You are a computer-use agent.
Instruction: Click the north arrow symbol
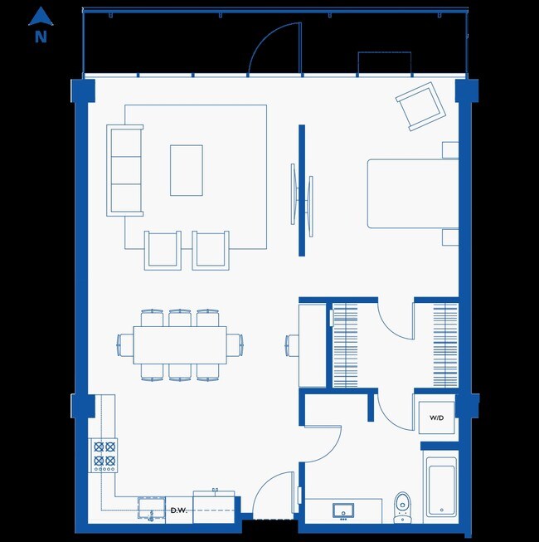[41, 15]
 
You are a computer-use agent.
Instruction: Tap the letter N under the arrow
[41, 37]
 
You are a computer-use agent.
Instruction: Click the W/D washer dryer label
[436, 417]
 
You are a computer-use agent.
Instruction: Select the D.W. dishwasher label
[178, 510]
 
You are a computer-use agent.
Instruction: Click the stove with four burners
[104, 456]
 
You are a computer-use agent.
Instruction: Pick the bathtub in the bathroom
[439, 489]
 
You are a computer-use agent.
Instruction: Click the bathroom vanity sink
[344, 510]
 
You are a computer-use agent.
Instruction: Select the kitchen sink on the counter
[150, 508]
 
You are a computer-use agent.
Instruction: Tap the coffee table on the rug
[187, 170]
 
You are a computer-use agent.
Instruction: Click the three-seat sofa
[124, 170]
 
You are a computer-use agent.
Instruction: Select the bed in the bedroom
[413, 193]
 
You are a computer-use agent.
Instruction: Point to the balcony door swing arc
[274, 46]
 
